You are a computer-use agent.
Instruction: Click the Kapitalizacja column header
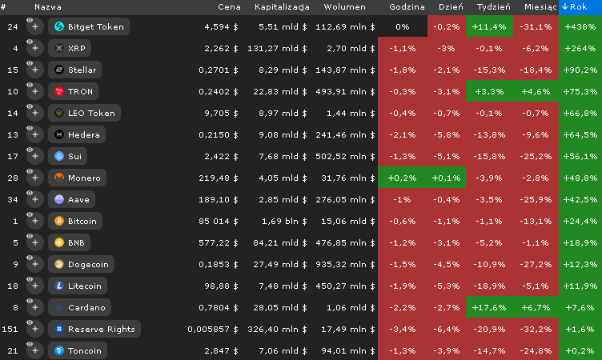(282, 7)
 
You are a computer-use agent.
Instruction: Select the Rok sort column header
(580, 7)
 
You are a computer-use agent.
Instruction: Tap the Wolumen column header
(344, 7)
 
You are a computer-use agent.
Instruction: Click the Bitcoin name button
(75, 221)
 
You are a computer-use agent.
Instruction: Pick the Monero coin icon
(58, 178)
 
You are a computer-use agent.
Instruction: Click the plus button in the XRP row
(35, 48)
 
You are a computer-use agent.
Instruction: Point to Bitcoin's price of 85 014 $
(218, 221)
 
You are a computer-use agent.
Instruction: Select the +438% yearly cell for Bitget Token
(580, 27)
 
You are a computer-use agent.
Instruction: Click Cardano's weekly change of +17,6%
(489, 307)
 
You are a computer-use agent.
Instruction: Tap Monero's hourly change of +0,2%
(403, 178)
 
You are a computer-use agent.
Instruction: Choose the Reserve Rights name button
(94, 329)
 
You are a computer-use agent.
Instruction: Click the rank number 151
(10, 329)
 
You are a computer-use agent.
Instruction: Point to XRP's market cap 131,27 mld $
(277, 48)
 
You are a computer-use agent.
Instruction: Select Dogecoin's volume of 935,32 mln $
(345, 265)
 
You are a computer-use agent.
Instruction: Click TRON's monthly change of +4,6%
(536, 91)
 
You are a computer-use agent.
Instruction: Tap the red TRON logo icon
(58, 91)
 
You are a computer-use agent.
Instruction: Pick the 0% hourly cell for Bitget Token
(403, 27)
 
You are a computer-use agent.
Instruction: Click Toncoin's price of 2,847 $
(221, 350)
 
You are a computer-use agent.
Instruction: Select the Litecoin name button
(78, 286)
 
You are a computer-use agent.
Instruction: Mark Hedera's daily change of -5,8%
(446, 134)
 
